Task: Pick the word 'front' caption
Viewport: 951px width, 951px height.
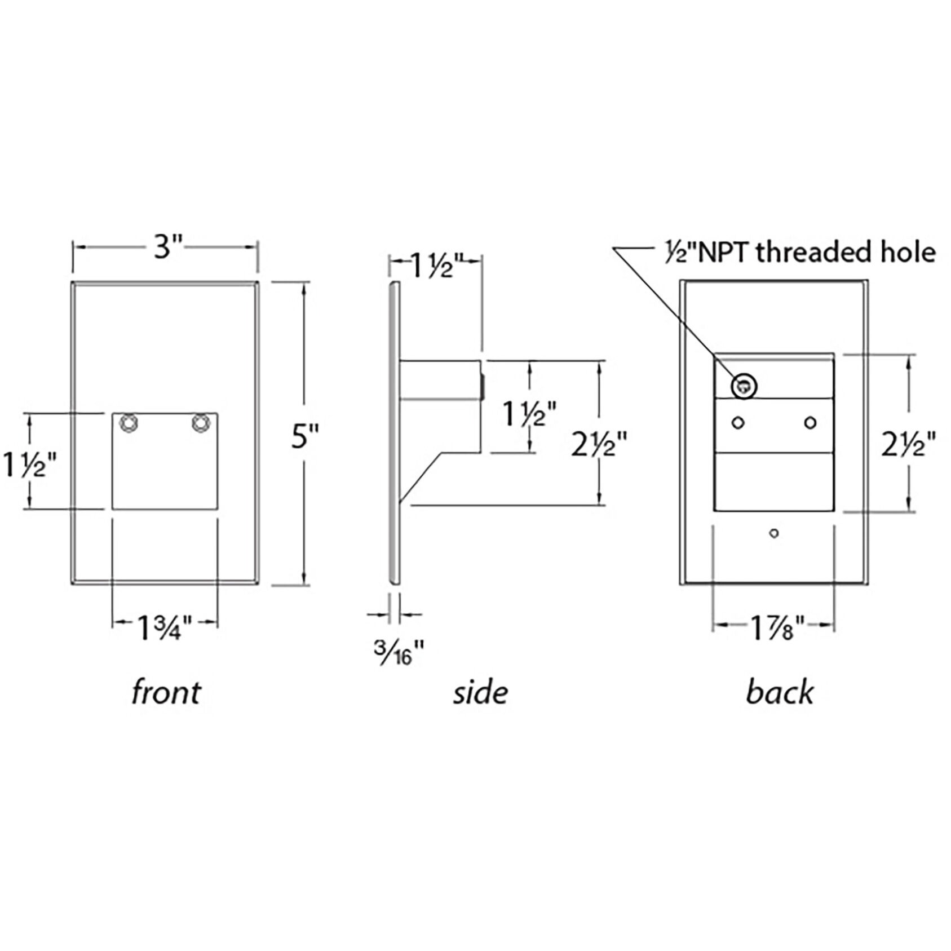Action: tap(166, 692)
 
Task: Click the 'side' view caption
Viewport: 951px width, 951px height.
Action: tap(480, 692)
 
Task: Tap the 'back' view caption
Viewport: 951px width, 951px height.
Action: tap(780, 692)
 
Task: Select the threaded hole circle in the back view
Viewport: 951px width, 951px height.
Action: tap(744, 387)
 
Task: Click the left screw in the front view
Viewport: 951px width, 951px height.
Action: tap(130, 423)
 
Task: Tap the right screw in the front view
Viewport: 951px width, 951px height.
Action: tap(200, 423)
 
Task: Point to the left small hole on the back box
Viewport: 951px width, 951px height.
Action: tap(737, 422)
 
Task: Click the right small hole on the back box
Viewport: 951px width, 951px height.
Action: tap(810, 422)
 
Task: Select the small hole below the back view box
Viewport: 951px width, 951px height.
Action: tap(774, 533)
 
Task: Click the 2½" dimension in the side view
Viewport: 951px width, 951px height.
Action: tap(599, 445)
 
